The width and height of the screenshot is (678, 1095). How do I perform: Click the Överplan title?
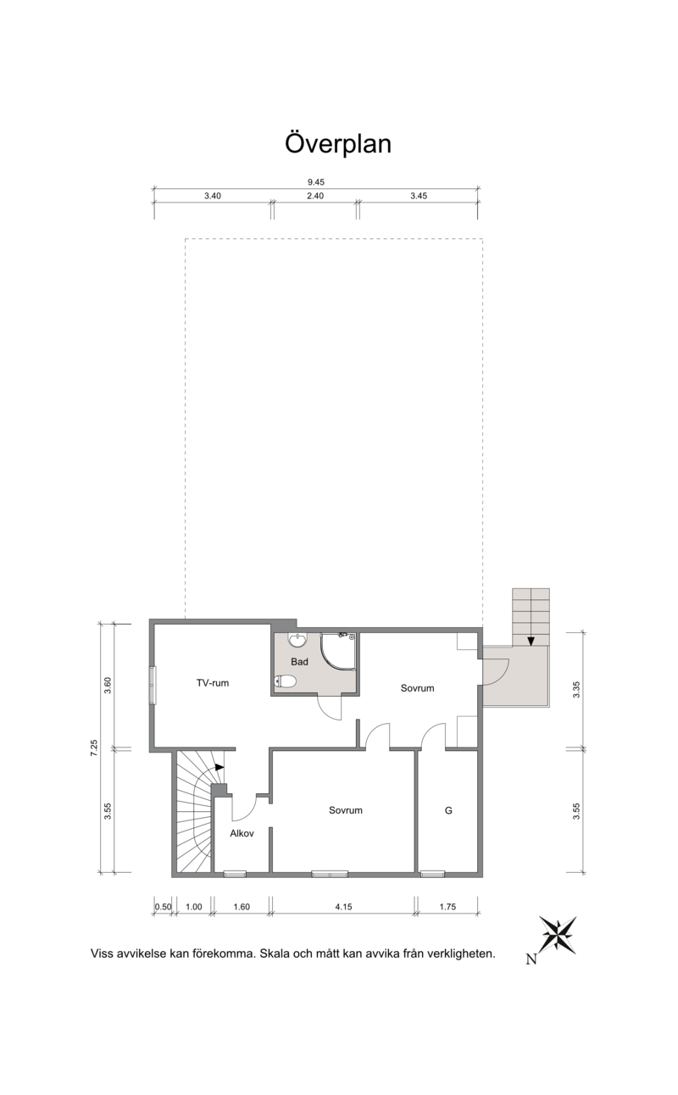click(338, 144)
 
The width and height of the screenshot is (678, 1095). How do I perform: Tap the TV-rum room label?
click(213, 683)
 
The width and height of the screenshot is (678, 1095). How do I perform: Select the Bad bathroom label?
click(299, 662)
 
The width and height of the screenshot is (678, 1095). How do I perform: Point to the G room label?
click(448, 810)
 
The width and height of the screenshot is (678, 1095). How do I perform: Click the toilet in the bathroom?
click(286, 681)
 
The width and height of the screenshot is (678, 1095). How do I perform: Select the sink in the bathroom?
click(297, 640)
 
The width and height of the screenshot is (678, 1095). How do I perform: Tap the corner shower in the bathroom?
click(338, 652)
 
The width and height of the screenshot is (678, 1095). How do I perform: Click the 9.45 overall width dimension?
click(316, 182)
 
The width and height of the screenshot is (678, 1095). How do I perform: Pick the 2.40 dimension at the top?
click(315, 196)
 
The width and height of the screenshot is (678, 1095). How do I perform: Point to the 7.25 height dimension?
click(94, 748)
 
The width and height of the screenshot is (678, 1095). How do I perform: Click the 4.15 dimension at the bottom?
click(343, 907)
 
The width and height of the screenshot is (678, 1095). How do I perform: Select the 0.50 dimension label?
click(164, 907)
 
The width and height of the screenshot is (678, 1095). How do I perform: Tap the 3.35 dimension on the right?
click(576, 689)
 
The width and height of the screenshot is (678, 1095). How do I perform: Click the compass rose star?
click(559, 935)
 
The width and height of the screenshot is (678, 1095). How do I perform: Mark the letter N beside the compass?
click(531, 959)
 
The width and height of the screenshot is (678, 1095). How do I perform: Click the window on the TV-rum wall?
click(153, 686)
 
